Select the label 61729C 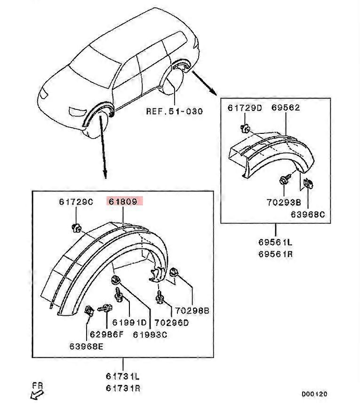click(x=76, y=202)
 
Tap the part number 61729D click(x=245, y=108)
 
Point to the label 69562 click(x=286, y=108)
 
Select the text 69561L click(x=275, y=243)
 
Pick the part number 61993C click(x=150, y=335)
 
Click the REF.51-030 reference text click(x=174, y=112)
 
